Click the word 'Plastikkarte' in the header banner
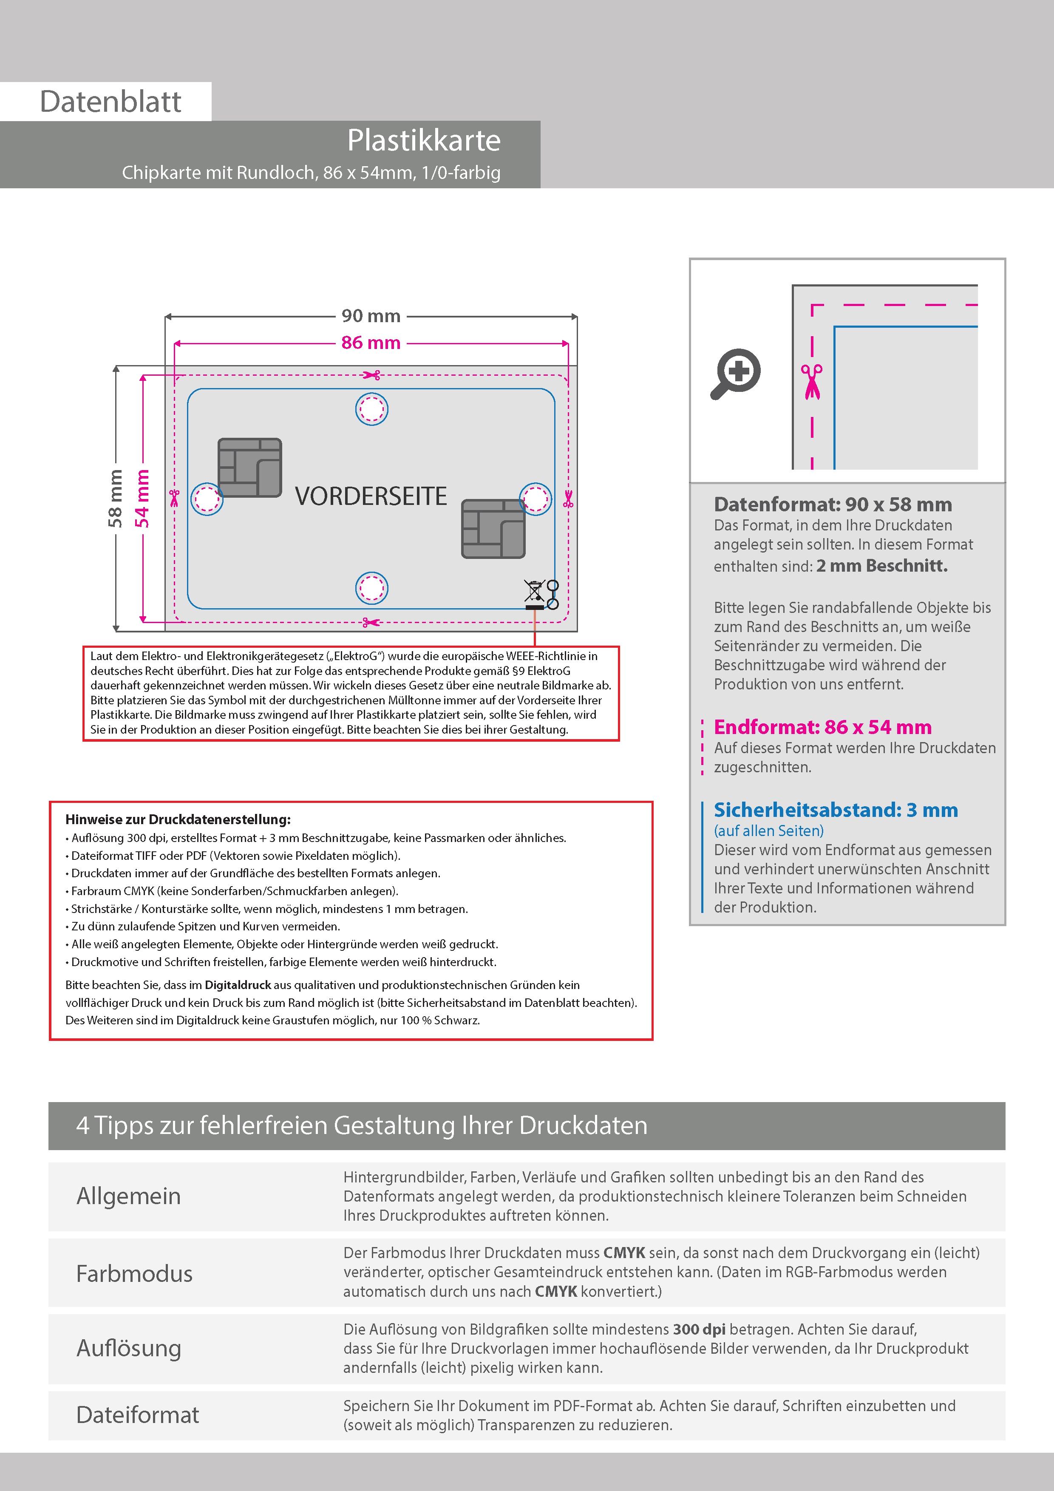[423, 140]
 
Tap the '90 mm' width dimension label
[371, 316]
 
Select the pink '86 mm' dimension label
[371, 343]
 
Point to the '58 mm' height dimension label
[116, 498]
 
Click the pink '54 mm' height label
[142, 498]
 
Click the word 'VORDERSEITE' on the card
[371, 496]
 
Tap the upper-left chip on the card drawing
[250, 468]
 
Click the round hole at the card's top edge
[371, 409]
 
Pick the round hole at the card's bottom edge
[371, 588]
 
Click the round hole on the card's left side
[207, 499]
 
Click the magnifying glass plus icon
[736, 374]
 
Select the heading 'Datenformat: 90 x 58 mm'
[833, 505]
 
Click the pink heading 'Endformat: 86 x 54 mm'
[822, 727]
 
